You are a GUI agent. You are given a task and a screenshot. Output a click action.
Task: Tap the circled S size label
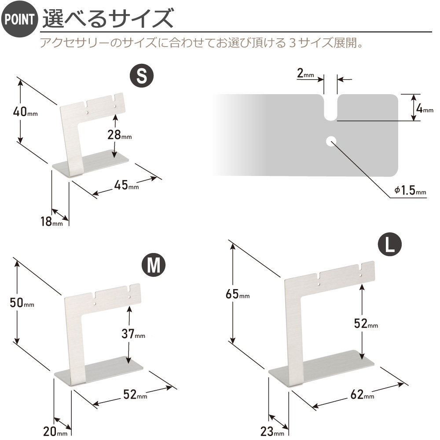pyautogui.click(x=142, y=76)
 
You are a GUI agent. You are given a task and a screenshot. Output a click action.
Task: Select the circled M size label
pyautogui.click(x=154, y=265)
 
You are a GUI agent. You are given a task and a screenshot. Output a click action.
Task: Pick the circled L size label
pyautogui.click(x=390, y=244)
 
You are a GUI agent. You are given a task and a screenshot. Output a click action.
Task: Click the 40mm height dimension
pyautogui.click(x=25, y=112)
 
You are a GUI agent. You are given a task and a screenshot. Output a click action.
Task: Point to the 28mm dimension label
pyautogui.click(x=120, y=135)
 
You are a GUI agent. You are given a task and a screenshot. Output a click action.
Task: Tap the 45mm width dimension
pyautogui.click(x=127, y=185)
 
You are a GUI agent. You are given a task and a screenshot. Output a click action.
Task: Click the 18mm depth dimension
pyautogui.click(x=51, y=222)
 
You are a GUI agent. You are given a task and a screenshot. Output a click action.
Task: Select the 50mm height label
pyautogui.click(x=22, y=303)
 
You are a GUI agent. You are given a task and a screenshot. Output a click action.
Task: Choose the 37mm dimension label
pyautogui.click(x=133, y=334)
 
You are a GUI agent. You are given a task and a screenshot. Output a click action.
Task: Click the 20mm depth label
pyautogui.click(x=55, y=431)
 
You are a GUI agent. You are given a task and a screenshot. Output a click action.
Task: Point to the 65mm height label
pyautogui.click(x=238, y=294)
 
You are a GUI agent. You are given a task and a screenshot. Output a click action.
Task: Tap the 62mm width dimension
pyautogui.click(x=362, y=395)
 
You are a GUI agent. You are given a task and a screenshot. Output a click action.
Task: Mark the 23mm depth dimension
pyautogui.click(x=272, y=431)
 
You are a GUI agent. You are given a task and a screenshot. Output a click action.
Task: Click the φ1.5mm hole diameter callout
pyautogui.click(x=410, y=191)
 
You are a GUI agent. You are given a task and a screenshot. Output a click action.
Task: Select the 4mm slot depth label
pyautogui.click(x=425, y=108)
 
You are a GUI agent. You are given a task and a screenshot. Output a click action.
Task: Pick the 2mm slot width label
pyautogui.click(x=306, y=73)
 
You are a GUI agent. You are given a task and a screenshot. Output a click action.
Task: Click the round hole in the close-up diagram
pyautogui.click(x=331, y=141)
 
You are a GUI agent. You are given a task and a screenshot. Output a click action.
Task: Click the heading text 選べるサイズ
pyautogui.click(x=108, y=18)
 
